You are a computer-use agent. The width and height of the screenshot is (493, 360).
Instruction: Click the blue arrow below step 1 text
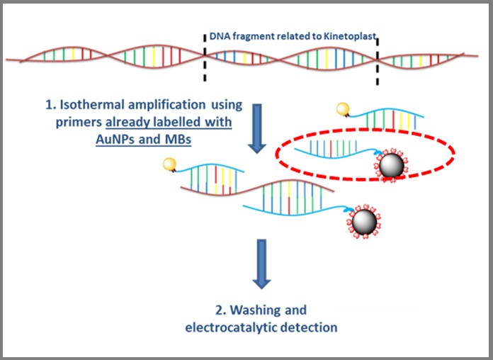(257, 129)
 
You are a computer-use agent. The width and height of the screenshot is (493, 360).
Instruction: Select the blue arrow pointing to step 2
(261, 264)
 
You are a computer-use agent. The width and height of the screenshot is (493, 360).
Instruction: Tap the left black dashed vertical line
(205, 57)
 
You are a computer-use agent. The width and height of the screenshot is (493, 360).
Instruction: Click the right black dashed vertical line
(378, 62)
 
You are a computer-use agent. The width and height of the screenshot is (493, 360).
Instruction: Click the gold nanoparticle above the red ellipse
(343, 109)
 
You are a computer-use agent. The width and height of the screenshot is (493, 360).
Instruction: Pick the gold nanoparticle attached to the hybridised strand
(169, 164)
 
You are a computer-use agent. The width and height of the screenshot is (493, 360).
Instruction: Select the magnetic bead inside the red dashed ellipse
(392, 166)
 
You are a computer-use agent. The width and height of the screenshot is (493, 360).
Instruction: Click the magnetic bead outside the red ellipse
(364, 223)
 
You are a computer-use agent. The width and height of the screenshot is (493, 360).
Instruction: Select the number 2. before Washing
(221, 310)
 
